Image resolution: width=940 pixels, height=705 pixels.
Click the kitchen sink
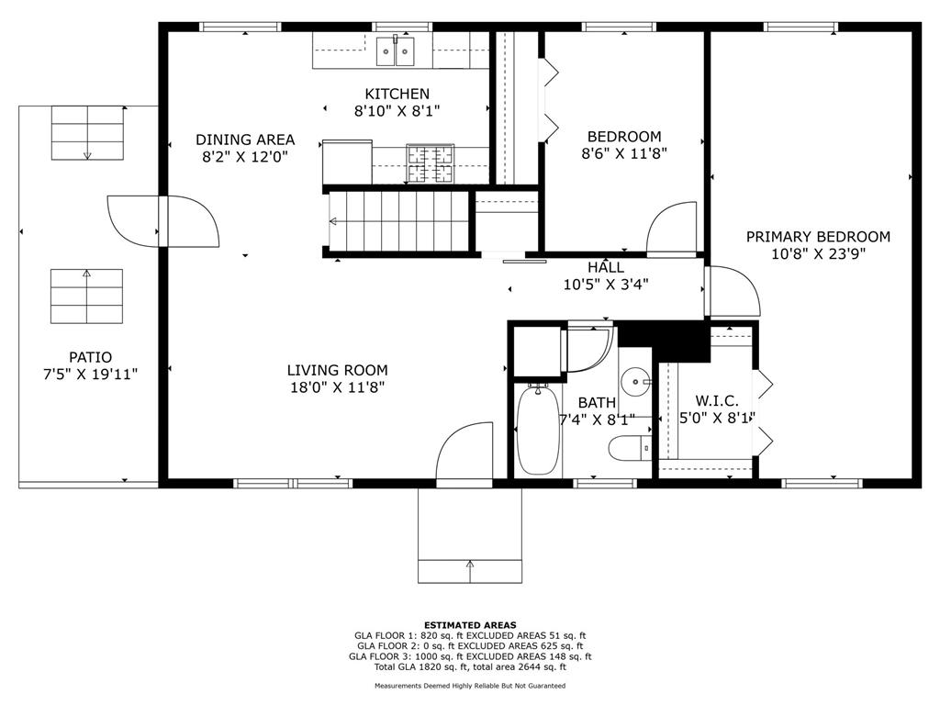tap(396, 51)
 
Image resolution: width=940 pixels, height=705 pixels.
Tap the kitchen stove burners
tap(430, 163)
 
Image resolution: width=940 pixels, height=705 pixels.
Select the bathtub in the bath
tap(538, 430)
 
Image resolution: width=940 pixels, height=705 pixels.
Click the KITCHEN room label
tap(397, 95)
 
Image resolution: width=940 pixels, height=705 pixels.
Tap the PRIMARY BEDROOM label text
tap(818, 237)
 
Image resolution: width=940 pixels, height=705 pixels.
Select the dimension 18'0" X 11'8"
tap(337, 387)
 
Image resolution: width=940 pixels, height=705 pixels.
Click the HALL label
tap(606, 267)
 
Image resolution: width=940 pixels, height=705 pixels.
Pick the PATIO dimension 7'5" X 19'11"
tap(91, 375)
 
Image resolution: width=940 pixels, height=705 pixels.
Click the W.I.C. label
tap(716, 400)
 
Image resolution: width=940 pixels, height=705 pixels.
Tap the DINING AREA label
tap(245, 140)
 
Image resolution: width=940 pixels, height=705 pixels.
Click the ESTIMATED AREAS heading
tap(470, 624)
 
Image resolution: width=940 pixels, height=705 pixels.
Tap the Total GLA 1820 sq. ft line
tap(470, 666)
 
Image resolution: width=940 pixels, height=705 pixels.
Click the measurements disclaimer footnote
tap(470, 685)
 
